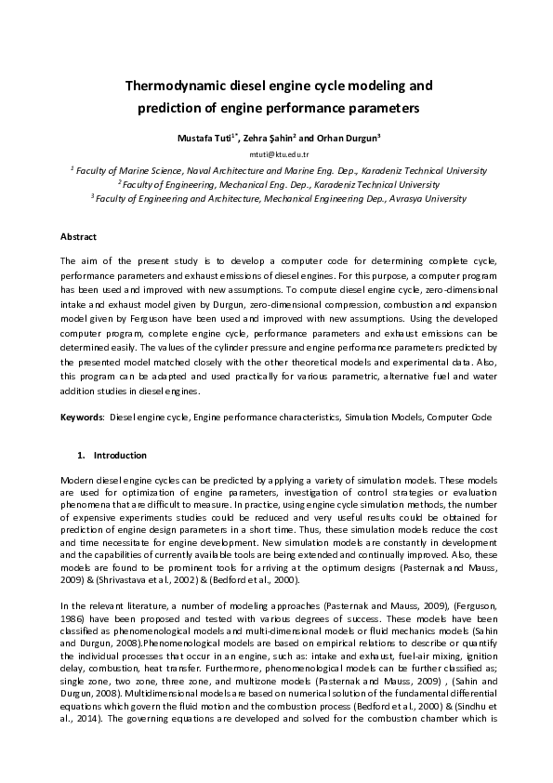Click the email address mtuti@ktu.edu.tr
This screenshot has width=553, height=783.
tap(276, 154)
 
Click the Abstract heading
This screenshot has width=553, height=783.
tap(78, 237)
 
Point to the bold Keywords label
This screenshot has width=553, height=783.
tap(82, 418)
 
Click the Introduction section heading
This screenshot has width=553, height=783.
tap(120, 456)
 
